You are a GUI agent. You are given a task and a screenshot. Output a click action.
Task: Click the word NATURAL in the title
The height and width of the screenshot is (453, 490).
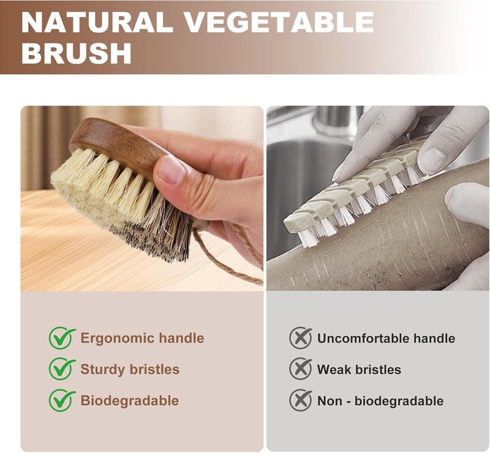click(x=97, y=23)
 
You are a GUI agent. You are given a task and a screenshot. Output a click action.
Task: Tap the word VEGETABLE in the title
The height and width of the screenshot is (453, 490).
click(x=279, y=23)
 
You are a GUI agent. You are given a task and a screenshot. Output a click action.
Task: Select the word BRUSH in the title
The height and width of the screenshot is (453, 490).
click(x=77, y=53)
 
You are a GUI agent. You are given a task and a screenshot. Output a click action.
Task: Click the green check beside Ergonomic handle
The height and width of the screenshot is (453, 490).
click(x=62, y=338)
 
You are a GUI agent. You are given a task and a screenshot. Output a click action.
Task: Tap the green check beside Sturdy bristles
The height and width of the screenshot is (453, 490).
click(x=62, y=369)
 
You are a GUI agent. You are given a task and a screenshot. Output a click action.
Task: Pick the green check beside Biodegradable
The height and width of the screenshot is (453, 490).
click(x=62, y=400)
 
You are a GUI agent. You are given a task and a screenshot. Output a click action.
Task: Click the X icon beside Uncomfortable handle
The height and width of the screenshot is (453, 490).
click(x=300, y=338)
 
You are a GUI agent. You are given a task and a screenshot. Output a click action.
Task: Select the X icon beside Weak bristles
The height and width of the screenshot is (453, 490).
click(x=300, y=369)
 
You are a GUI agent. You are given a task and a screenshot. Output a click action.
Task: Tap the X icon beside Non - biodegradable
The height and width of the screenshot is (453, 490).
click(x=300, y=400)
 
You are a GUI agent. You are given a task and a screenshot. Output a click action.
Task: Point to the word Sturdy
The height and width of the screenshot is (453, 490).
click(x=103, y=370)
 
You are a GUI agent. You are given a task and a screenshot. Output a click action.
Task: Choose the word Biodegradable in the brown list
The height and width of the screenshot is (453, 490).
click(x=130, y=401)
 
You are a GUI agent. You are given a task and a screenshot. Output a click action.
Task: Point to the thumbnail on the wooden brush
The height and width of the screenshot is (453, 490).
click(x=172, y=170)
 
